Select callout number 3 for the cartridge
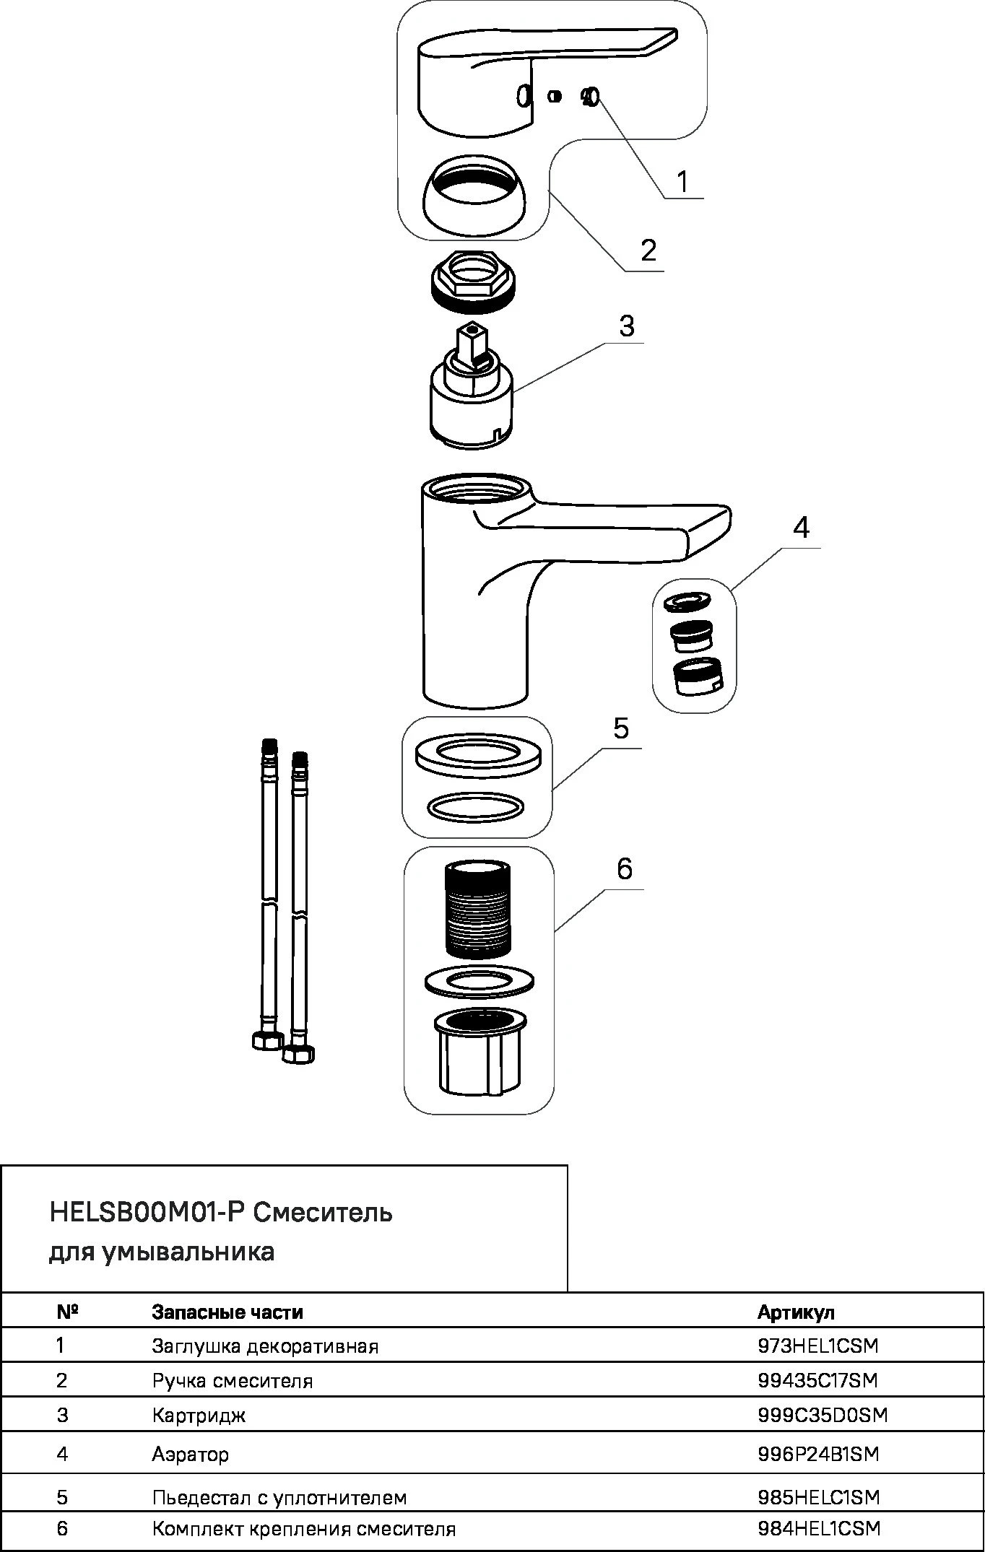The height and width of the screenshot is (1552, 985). [x=626, y=326]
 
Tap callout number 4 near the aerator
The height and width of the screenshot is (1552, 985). [x=801, y=528]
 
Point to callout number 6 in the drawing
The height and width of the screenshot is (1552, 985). [x=625, y=868]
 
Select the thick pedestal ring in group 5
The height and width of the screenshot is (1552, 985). [x=477, y=757]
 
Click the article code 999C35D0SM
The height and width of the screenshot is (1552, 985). [x=823, y=1415]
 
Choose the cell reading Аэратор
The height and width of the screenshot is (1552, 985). [x=190, y=1454]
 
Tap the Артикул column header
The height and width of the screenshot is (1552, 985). [x=795, y=1312]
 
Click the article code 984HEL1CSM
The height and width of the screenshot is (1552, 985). [x=819, y=1528]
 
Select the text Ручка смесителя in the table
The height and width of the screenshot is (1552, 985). [x=233, y=1381]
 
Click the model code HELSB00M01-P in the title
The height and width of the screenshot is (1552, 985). [x=149, y=1212]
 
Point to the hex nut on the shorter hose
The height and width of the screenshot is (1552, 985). [x=298, y=1053]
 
